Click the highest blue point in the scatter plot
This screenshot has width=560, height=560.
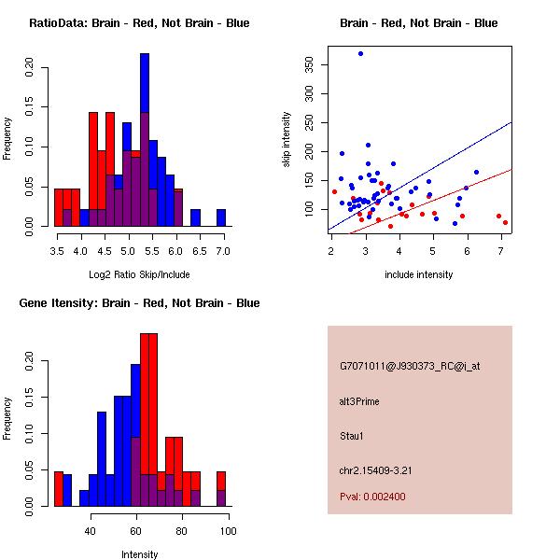[360, 53]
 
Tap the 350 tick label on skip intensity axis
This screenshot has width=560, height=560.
[309, 64]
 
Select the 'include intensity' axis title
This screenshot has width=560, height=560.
[418, 274]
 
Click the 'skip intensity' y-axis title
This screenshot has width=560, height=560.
[287, 139]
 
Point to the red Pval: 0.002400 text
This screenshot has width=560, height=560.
[372, 497]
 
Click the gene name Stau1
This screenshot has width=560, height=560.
[352, 436]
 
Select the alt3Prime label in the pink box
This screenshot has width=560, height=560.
[359, 401]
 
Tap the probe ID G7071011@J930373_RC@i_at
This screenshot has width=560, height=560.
[410, 367]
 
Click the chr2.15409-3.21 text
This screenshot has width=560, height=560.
[376, 470]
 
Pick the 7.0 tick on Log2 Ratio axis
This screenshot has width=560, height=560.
[223, 251]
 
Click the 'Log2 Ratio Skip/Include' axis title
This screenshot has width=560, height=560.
[139, 274]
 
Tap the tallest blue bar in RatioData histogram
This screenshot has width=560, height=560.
[145, 140]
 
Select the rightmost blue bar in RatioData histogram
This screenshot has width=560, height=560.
[221, 217]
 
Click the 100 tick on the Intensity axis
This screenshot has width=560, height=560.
[229, 531]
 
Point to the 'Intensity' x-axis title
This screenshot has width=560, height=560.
[140, 554]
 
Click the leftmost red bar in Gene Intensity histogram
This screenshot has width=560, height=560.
[59, 489]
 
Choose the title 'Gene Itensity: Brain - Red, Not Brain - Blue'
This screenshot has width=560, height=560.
[140, 303]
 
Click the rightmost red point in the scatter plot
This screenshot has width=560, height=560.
[505, 222]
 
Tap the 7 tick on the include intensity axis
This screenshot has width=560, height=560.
[501, 251]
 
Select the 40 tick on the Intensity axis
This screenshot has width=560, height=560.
[91, 531]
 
